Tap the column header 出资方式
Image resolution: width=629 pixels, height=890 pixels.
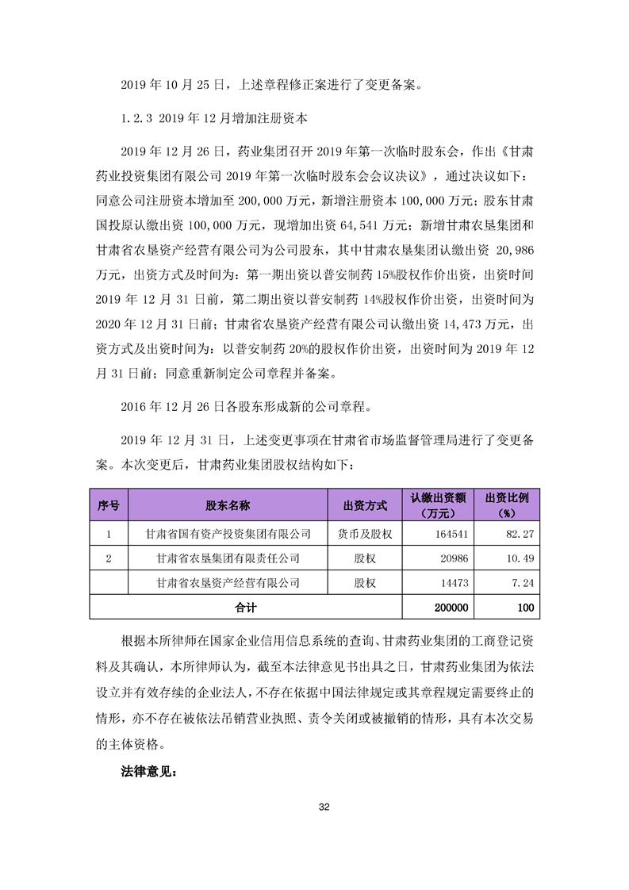point(365,504)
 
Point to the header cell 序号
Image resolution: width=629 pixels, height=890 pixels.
point(109,504)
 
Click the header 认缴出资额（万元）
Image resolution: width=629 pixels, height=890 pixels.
point(443,504)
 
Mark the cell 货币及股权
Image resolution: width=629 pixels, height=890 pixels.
point(365,534)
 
